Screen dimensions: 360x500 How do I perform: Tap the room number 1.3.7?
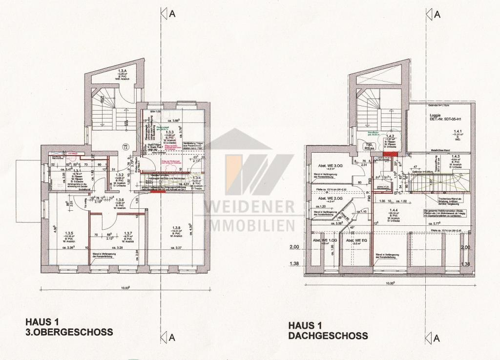tap(128, 233)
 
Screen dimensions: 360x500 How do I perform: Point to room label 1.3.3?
tap(170, 132)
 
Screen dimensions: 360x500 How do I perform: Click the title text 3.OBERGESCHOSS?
tap(69, 332)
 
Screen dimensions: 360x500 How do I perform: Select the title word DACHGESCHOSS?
tap(328, 336)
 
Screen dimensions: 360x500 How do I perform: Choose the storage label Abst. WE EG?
tap(356, 240)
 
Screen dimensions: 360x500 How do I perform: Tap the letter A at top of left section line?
tap(172, 14)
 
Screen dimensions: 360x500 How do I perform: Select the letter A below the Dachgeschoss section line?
tap(437, 338)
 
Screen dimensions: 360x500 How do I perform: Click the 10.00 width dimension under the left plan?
tap(125, 288)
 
